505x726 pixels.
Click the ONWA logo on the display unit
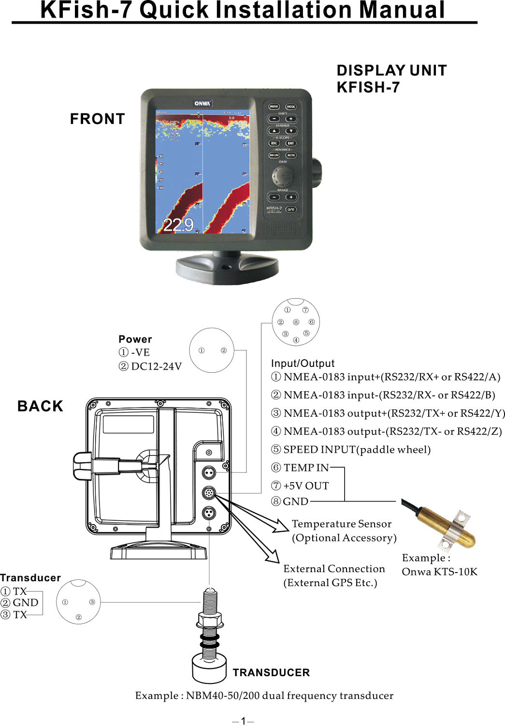point(202,103)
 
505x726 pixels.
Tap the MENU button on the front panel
point(274,106)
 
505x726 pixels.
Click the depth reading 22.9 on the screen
point(178,225)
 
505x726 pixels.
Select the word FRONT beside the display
point(97,119)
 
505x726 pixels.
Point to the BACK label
point(41,406)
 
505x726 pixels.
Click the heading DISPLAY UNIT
point(391,71)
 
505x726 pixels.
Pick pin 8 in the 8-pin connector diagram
point(296,322)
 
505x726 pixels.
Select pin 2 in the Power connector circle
point(223,350)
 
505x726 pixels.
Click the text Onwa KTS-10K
point(439,572)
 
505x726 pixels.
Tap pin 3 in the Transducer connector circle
point(92,602)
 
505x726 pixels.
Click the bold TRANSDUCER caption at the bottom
point(271,673)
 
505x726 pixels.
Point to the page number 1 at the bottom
point(244,721)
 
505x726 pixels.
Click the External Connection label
point(334,569)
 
